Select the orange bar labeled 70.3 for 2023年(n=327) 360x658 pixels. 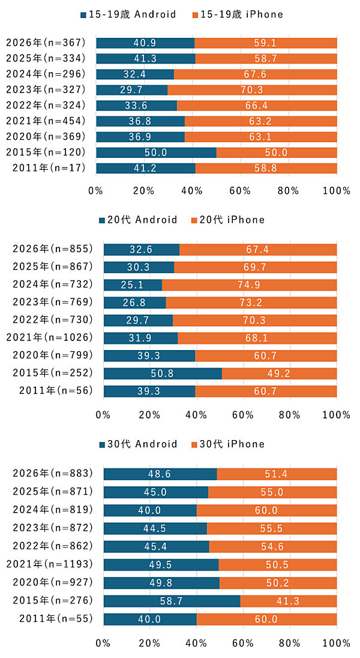[252, 89]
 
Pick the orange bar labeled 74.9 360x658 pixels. [249, 285]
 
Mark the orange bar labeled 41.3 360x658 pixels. [289, 601]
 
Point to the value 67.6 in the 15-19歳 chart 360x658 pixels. [255, 74]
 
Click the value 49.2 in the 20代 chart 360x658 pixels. [279, 373]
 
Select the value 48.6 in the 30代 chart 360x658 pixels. [160, 474]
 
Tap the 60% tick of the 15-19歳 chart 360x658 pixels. [240, 192]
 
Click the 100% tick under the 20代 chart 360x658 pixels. [336, 415]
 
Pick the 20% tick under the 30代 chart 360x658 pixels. [149, 643]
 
